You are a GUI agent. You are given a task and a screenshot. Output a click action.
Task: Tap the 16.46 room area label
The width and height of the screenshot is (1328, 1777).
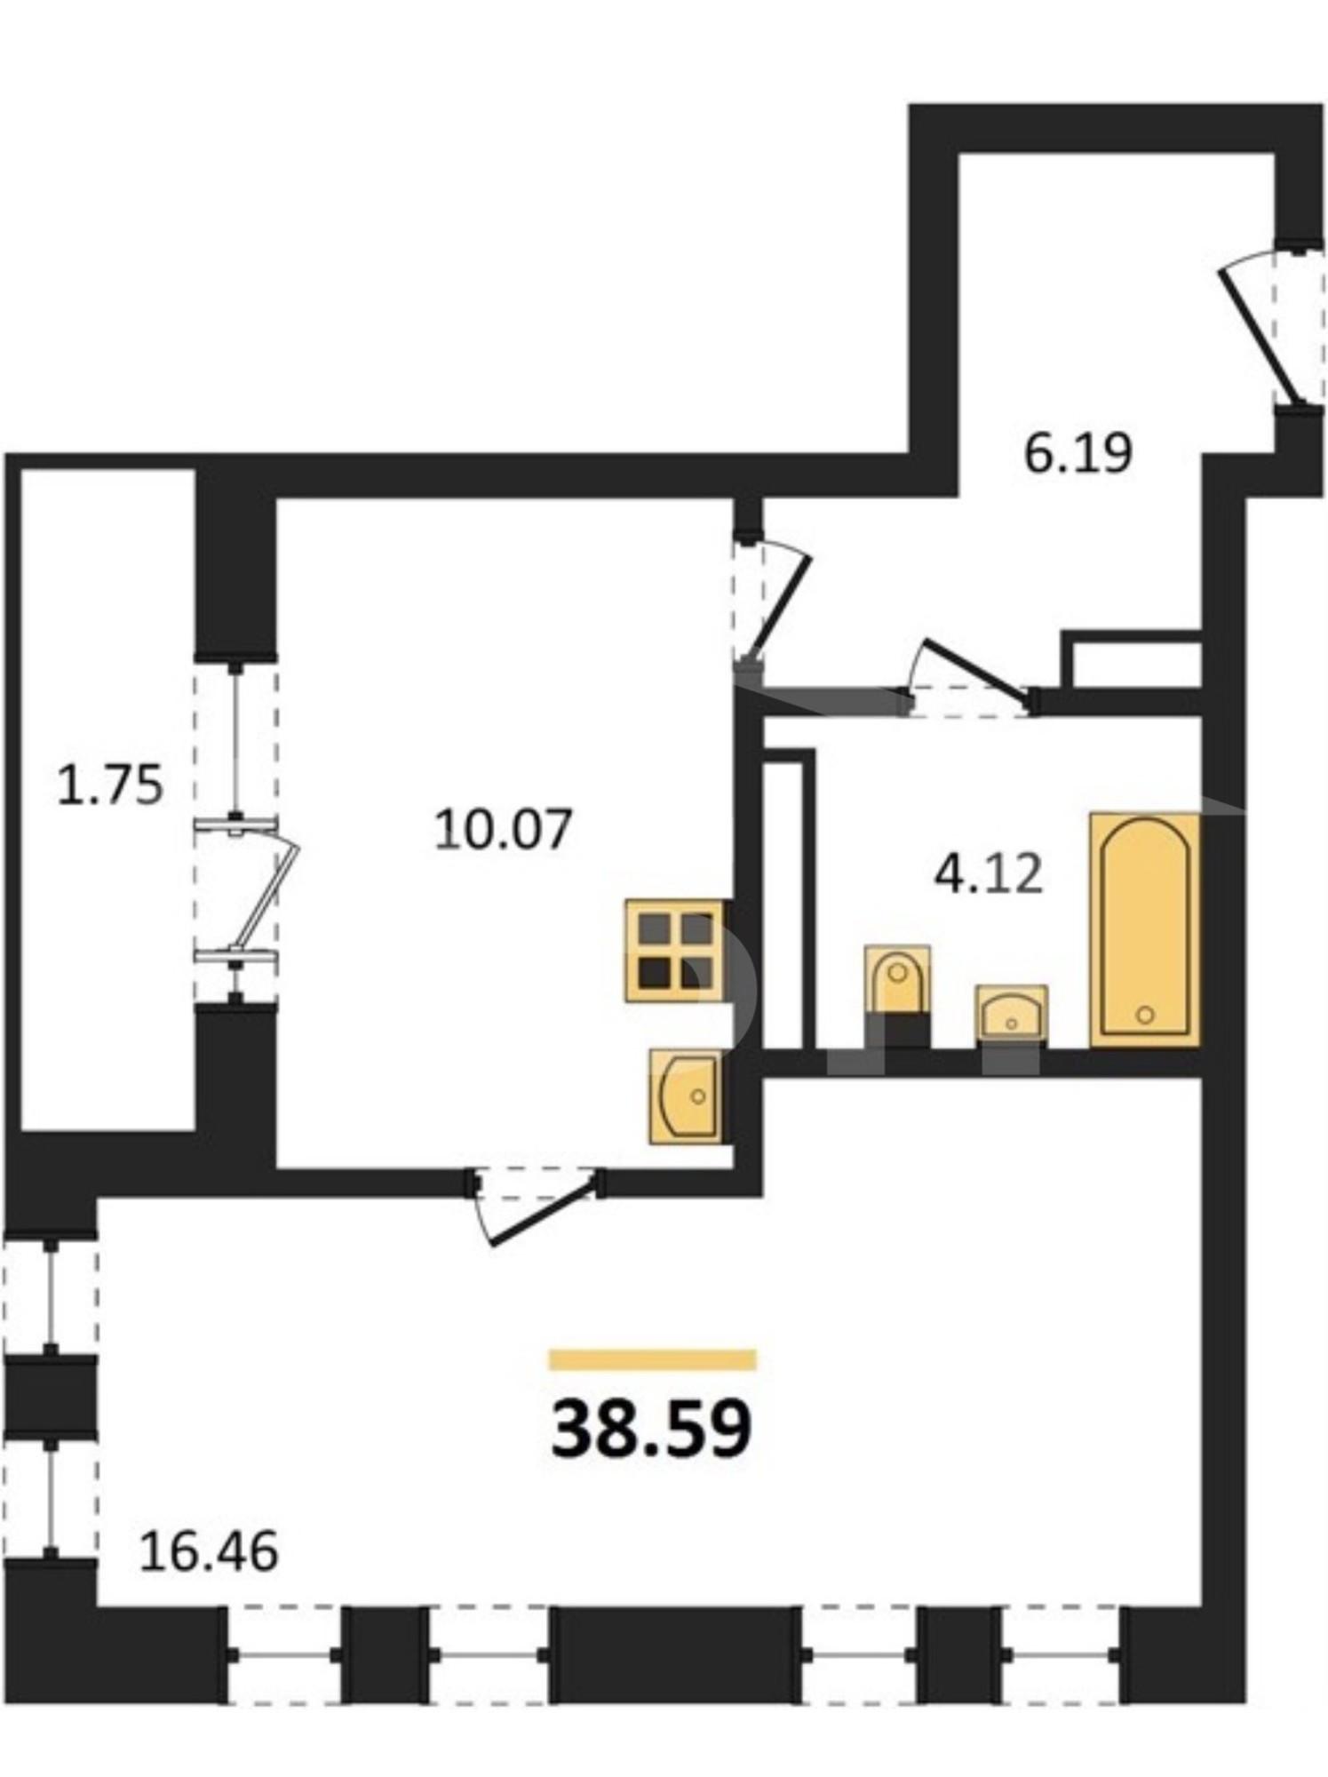(210, 1551)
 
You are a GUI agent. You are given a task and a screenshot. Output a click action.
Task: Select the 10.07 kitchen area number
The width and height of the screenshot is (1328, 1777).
(503, 830)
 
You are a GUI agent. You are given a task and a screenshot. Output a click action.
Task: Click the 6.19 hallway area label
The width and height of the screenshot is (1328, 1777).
(1078, 453)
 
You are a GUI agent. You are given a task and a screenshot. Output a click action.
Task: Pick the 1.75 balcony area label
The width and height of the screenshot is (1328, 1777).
(110, 785)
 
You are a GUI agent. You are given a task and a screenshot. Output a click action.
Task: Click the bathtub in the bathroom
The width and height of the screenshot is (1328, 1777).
(1145, 928)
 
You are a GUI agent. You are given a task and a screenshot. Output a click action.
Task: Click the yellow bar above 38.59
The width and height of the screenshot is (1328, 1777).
(652, 1360)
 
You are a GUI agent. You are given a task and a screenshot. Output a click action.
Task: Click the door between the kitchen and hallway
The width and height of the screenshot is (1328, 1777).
(771, 600)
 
